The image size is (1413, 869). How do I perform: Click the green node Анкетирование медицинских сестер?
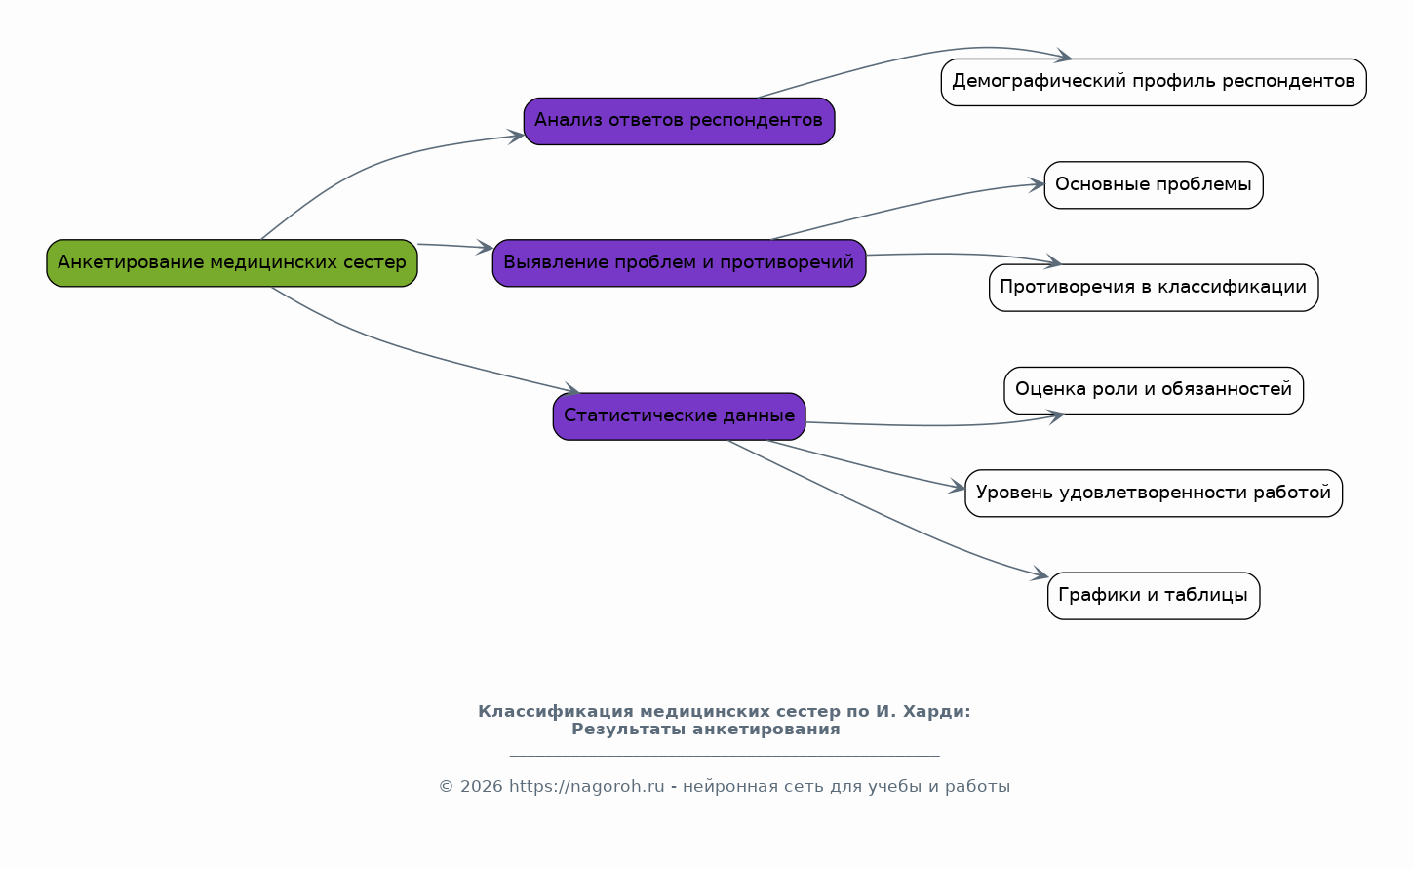232,262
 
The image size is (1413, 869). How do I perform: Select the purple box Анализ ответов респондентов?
679,121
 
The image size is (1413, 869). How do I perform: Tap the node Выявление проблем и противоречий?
679,262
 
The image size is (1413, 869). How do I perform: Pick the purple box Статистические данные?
679,416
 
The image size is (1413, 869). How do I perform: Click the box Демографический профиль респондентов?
1153,82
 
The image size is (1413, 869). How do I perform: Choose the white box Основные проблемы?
1153,185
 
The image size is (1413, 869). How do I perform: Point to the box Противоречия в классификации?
1153,288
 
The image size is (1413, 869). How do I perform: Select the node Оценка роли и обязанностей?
1153,390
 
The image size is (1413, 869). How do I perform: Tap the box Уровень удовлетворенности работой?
1153,494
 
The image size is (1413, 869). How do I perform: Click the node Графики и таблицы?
1153,596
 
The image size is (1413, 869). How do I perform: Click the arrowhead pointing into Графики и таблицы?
1040,576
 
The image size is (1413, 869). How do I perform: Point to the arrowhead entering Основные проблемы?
1038,184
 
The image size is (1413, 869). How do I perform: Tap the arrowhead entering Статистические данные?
572,391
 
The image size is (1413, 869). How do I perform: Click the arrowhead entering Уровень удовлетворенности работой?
958,488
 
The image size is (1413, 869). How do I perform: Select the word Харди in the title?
934,712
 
